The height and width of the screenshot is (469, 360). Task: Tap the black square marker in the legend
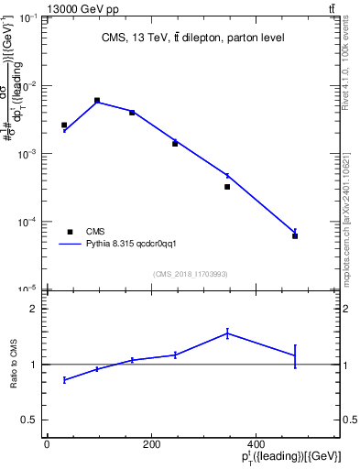(x=69, y=232)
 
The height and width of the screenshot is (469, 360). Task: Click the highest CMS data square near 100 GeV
(x=97, y=101)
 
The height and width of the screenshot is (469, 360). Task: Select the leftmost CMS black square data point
(x=64, y=125)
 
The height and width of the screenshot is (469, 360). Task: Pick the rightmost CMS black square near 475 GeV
(x=295, y=236)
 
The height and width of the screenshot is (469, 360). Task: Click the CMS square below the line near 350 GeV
(x=227, y=187)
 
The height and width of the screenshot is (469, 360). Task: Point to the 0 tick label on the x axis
(x=47, y=443)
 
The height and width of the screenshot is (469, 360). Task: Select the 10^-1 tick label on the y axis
(x=30, y=18)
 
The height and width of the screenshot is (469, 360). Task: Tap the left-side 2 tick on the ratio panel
(x=33, y=309)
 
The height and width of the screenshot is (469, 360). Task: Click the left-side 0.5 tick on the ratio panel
(x=30, y=420)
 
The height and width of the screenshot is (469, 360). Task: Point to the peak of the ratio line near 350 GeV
(x=227, y=333)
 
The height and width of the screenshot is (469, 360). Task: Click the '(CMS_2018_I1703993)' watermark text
(x=191, y=274)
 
